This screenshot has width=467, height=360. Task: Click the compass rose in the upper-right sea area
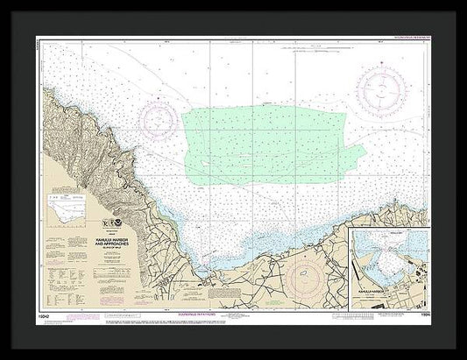[383, 91]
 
